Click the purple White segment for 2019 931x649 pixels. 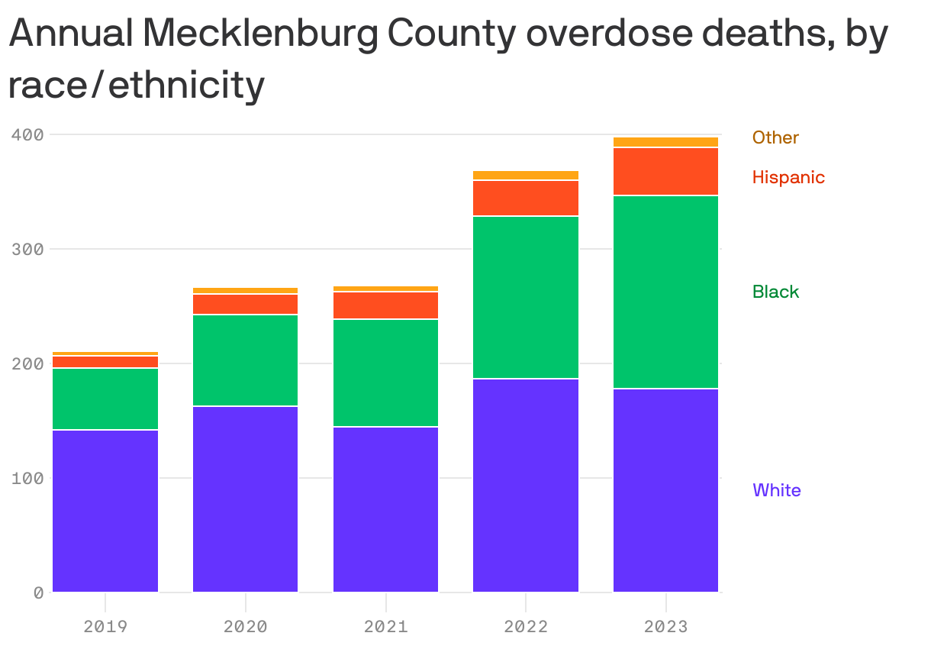105,511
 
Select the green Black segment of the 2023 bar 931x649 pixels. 665,292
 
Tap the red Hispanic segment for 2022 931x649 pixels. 526,199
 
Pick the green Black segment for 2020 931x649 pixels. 245,360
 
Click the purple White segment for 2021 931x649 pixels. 385,509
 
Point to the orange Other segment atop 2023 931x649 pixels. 665,142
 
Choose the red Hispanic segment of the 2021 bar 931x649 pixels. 385,305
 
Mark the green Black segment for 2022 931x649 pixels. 526,297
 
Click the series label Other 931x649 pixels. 775,137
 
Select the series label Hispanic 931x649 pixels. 788,177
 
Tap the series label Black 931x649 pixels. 775,292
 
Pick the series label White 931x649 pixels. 777,490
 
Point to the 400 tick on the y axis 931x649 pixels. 27,135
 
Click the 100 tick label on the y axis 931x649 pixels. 27,479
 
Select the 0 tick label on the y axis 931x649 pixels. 37,593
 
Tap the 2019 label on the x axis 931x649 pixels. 105,627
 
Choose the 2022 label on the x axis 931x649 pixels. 526,627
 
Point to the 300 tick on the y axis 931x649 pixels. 27,250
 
